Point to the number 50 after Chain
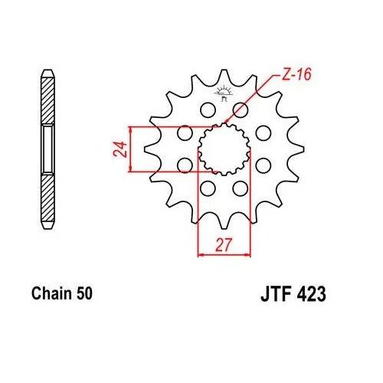(84, 293)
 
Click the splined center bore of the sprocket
(224, 149)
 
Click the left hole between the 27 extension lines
(207, 188)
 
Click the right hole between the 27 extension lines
(241, 188)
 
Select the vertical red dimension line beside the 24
(133, 149)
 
